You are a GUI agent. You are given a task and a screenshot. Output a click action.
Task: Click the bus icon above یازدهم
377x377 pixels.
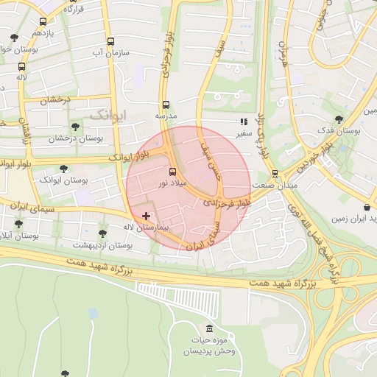click(43, 21)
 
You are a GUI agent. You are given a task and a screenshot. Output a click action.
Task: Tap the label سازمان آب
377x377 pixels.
click(110, 53)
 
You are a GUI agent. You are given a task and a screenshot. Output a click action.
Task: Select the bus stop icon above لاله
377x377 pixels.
click(21, 66)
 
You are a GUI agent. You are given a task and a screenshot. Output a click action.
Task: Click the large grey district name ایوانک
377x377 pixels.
click(108, 115)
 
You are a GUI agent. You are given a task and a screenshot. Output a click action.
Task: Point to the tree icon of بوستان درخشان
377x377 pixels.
click(75, 127)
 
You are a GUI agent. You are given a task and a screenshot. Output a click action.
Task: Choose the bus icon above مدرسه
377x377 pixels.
click(166, 105)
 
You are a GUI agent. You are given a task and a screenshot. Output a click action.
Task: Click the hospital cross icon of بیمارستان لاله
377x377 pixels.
click(146, 216)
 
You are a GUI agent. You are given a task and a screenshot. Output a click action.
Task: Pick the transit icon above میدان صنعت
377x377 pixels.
click(275, 174)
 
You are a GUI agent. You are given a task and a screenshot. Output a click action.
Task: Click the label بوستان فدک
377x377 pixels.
click(339, 130)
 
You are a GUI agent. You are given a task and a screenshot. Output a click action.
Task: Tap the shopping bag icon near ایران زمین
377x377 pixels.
click(367, 207)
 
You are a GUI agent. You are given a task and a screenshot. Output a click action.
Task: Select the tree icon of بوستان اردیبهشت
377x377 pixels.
click(102, 233)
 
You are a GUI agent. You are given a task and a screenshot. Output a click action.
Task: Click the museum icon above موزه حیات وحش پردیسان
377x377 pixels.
click(210, 328)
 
